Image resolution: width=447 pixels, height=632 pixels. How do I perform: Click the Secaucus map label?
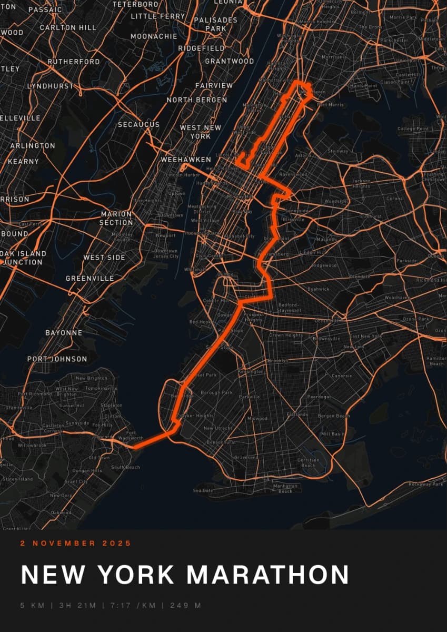click(138, 125)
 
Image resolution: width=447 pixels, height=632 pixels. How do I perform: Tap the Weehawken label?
click(186, 160)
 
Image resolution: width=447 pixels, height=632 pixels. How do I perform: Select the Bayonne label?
click(64, 333)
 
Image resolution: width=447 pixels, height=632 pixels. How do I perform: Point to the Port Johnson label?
click(57, 359)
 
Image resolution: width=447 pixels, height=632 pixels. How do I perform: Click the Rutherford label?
click(74, 62)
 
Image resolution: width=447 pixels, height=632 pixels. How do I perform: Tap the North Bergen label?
click(197, 100)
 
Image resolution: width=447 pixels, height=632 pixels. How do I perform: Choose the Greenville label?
click(90, 278)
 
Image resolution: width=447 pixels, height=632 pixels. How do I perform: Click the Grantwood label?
click(229, 61)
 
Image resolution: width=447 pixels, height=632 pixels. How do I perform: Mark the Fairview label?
click(214, 85)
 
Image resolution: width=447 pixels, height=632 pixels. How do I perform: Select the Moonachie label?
click(154, 36)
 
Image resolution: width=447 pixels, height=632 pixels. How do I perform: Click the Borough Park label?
click(216, 392)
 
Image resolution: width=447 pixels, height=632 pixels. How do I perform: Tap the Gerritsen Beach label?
click(309, 462)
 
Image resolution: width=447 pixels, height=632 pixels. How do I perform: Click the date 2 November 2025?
click(76, 543)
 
